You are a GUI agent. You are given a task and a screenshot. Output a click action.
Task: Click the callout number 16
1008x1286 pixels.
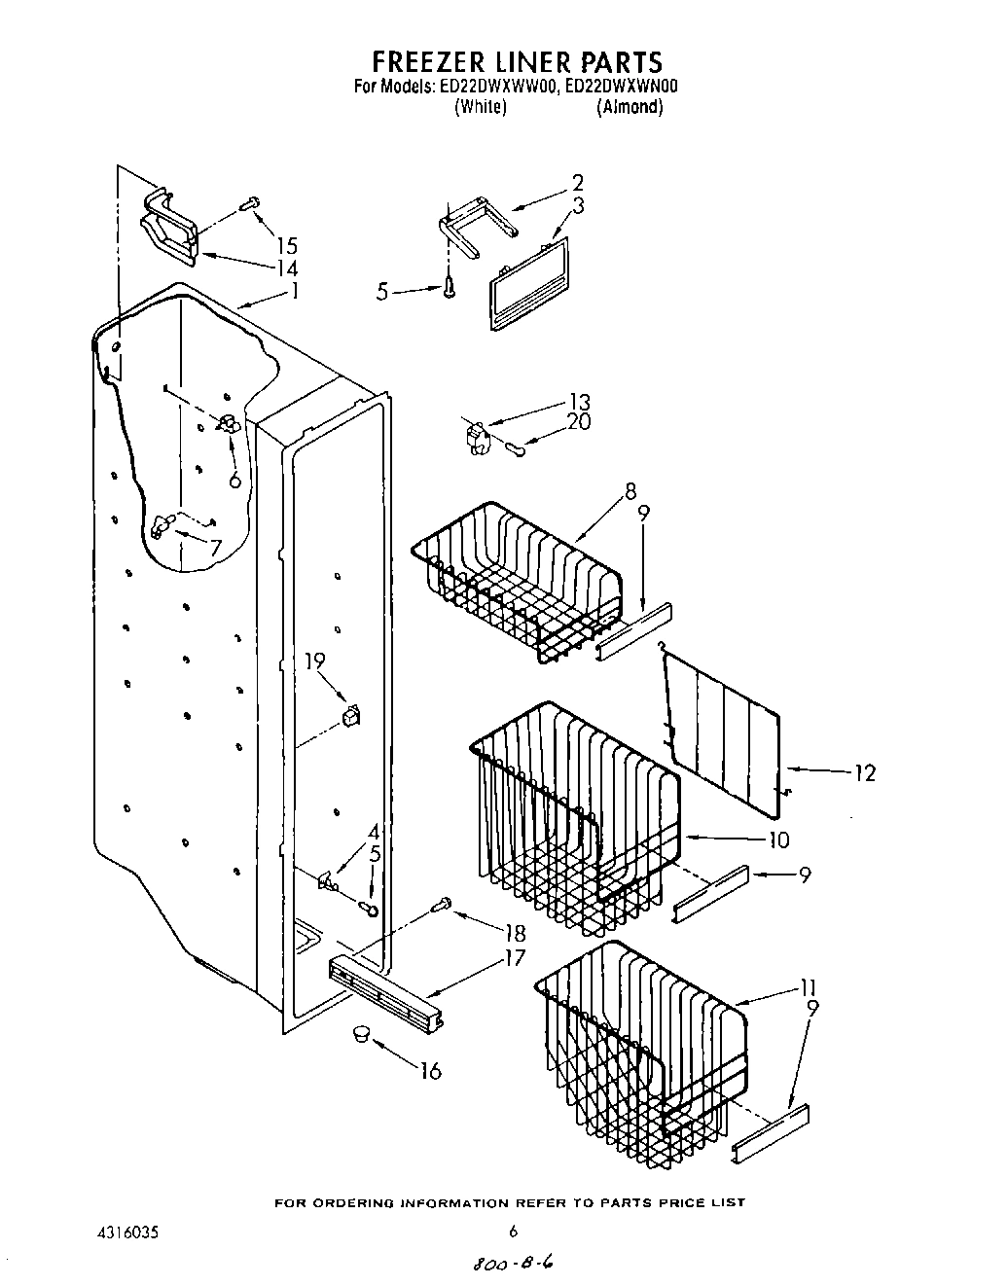429,1071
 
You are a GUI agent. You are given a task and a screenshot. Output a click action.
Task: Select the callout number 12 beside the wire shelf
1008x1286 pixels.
864,773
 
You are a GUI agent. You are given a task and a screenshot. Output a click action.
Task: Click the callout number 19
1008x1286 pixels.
313,662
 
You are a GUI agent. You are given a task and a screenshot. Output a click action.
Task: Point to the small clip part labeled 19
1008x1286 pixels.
350,717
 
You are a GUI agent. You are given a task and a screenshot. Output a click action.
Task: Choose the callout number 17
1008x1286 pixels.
514,959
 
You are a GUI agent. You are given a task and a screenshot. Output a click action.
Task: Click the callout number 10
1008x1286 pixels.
778,839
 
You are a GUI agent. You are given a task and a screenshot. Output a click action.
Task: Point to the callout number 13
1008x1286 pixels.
579,402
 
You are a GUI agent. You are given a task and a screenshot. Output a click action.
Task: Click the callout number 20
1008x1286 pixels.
579,423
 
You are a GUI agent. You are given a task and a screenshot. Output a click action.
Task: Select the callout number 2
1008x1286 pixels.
577,182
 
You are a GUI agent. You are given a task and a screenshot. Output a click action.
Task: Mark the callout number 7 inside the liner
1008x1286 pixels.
215,548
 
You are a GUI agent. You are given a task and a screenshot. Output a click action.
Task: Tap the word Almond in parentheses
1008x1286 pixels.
630,107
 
